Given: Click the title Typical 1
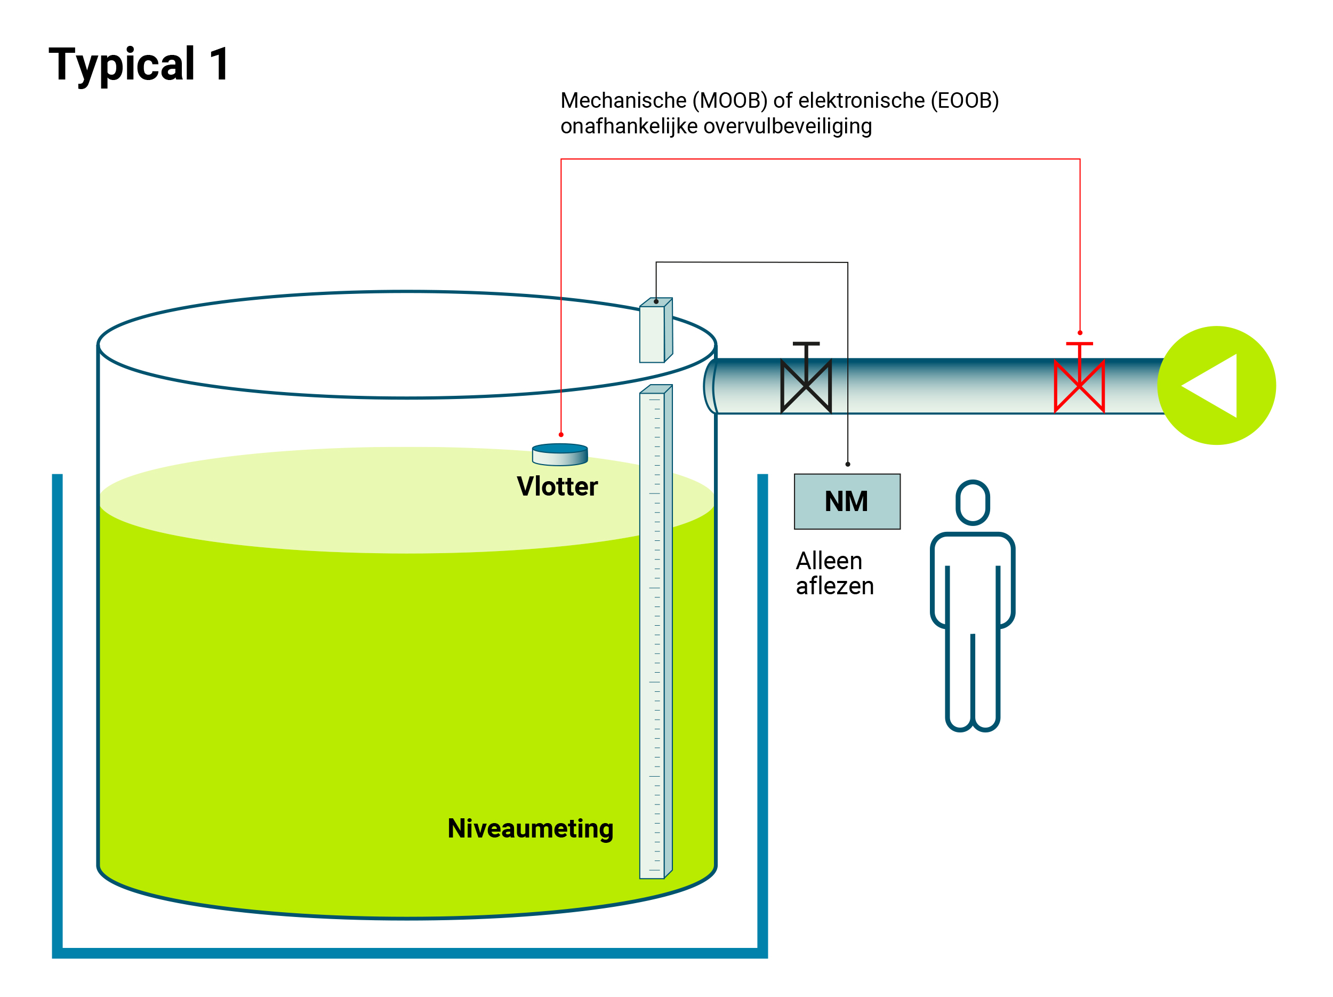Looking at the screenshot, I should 139,64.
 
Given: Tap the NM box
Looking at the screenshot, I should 847,501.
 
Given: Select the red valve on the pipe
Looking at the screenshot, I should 1079,386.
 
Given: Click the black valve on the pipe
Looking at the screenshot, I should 806,386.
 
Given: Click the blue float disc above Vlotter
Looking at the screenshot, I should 560,454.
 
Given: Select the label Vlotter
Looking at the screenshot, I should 557,486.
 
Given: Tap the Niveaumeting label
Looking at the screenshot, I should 531,828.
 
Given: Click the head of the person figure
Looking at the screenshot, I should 973,502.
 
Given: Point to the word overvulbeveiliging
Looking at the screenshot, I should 787,126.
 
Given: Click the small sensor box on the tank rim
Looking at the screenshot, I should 655,331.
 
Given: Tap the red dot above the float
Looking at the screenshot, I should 561,435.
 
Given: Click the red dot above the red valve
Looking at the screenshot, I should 1080,333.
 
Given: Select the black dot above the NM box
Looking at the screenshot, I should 848,464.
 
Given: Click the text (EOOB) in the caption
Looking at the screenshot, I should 964,101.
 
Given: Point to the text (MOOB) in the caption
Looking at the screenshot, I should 730,101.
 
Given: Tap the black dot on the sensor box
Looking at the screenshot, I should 656,301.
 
